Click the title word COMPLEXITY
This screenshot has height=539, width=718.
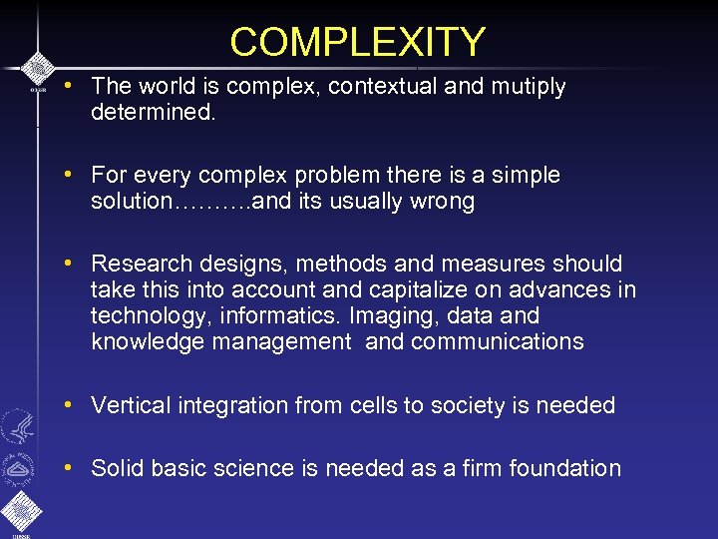coord(358,42)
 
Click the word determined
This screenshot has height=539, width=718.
coord(151,112)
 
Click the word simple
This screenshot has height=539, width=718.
coord(524,176)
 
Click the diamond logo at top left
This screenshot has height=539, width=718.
coord(37,68)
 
